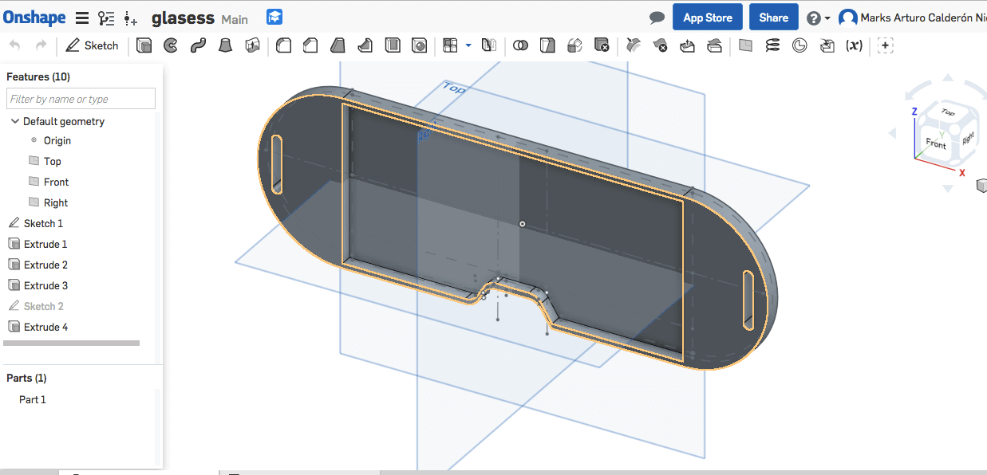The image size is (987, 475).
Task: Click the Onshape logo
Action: click(x=35, y=18)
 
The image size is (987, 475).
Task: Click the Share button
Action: click(x=773, y=18)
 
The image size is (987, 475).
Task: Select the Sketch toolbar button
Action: click(x=92, y=45)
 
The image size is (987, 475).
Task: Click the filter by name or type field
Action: click(x=81, y=99)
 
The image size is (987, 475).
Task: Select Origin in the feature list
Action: click(x=57, y=140)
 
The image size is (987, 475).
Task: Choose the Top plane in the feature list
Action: click(x=52, y=161)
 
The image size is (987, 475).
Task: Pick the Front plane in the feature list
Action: click(x=56, y=182)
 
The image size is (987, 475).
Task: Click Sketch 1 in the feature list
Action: click(x=43, y=223)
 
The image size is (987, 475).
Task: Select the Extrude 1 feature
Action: click(x=45, y=244)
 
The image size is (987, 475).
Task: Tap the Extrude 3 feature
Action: click(x=45, y=285)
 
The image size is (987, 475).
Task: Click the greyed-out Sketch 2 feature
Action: click(x=43, y=306)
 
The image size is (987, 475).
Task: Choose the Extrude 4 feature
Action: click(x=45, y=327)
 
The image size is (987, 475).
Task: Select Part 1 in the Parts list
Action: click(x=33, y=399)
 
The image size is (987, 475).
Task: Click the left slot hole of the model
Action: click(x=277, y=163)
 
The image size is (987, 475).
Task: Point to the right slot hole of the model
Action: click(x=748, y=300)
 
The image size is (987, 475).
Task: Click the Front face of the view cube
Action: click(x=935, y=143)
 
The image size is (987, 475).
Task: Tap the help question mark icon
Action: click(x=813, y=18)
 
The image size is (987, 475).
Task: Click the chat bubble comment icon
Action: click(x=657, y=18)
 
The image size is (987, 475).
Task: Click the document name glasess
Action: click(x=183, y=18)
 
